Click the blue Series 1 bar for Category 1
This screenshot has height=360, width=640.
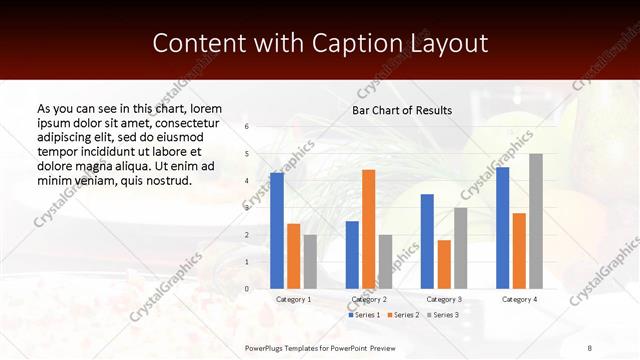click(277, 231)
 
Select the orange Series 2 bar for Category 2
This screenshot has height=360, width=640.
click(368, 229)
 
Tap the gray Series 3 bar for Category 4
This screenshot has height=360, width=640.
click(535, 221)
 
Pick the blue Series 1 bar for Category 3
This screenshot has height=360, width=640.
click(427, 241)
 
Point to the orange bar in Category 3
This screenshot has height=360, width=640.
click(444, 264)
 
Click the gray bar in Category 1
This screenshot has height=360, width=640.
click(310, 261)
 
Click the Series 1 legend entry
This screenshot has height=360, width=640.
click(364, 315)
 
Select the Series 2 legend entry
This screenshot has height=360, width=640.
click(403, 315)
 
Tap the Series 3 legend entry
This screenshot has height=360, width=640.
click(443, 315)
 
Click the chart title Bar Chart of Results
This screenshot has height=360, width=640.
click(402, 110)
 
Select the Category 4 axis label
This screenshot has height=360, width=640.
click(519, 299)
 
